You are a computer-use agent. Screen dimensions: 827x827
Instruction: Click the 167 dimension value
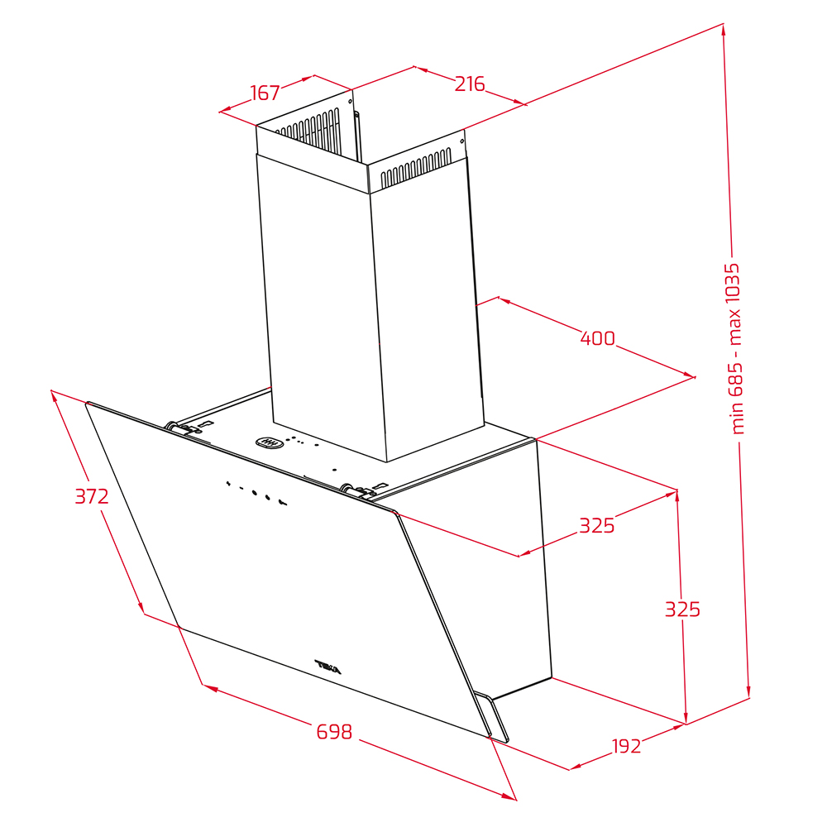[x=265, y=93]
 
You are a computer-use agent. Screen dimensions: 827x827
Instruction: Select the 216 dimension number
[x=470, y=84]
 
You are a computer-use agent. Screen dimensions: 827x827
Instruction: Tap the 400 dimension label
[x=598, y=338]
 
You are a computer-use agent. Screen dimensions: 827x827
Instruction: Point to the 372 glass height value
[x=92, y=496]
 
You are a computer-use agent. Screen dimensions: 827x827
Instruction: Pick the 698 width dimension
[x=334, y=732]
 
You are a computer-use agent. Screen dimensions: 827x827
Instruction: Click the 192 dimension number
[x=626, y=746]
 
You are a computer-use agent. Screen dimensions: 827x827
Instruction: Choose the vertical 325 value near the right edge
[x=682, y=609]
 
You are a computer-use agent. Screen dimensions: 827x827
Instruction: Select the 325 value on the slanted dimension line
[x=597, y=526]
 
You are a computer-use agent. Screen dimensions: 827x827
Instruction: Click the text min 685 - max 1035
[x=734, y=349]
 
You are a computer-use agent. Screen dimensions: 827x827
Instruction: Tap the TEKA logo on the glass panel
[x=328, y=667]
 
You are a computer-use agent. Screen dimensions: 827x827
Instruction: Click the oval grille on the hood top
[x=270, y=442]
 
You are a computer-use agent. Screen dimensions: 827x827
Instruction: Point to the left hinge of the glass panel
[x=179, y=428]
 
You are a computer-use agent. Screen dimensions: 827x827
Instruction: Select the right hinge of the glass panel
[x=355, y=490]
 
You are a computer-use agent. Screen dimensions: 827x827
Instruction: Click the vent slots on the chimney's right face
[x=416, y=168]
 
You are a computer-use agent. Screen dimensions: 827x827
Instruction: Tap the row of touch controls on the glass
[x=256, y=493]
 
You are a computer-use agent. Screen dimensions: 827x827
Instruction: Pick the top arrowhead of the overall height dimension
[x=724, y=29]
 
